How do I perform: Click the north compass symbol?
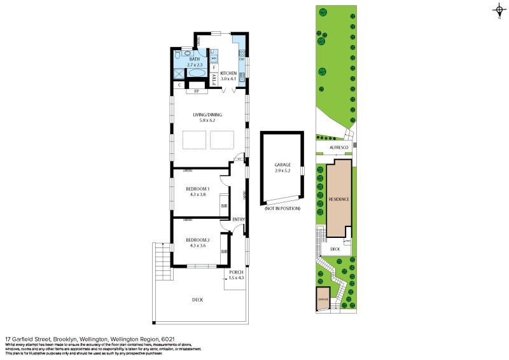point(498,10)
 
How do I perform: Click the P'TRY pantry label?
point(214,79)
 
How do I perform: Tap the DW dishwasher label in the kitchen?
point(242,59)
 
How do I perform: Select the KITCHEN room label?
point(228,73)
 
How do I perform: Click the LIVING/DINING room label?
point(208,115)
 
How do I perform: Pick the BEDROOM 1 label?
point(197,189)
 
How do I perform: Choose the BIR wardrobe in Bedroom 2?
point(224,252)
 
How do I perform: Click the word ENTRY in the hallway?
point(239,219)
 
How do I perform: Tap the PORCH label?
point(236,272)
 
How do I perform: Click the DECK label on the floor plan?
point(197,300)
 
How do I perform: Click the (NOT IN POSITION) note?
point(282,209)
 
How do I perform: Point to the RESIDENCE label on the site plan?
point(338,199)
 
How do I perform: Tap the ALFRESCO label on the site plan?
point(337,147)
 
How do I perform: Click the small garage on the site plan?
point(323,299)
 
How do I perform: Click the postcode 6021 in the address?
point(168,339)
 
